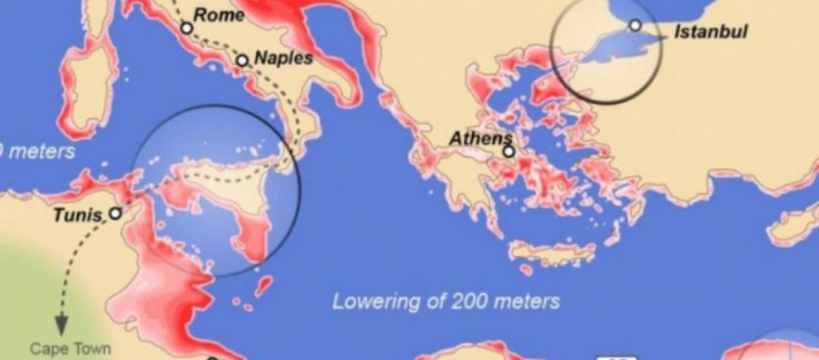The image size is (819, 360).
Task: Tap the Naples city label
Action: [x=283, y=58]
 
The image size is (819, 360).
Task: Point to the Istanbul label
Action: [x=711, y=32]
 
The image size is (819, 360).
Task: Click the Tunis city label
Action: [x=77, y=214]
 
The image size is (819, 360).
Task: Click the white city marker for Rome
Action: [x=186, y=28]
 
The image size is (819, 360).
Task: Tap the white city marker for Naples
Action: [x=242, y=60]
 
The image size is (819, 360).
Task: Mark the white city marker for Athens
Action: [x=508, y=150]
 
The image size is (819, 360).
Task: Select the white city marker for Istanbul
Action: [x=635, y=26]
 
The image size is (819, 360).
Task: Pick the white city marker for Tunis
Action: [x=116, y=214]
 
